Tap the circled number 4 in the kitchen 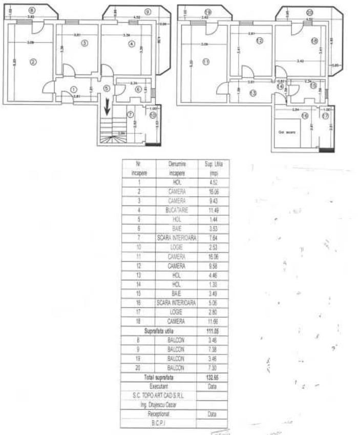click(x=132, y=44)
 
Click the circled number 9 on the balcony click(x=147, y=11)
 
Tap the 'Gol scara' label click(x=285, y=132)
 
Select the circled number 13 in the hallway click(x=253, y=93)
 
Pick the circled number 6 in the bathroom click(x=138, y=89)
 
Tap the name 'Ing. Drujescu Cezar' click(x=159, y=404)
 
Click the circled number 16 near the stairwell click(x=305, y=116)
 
